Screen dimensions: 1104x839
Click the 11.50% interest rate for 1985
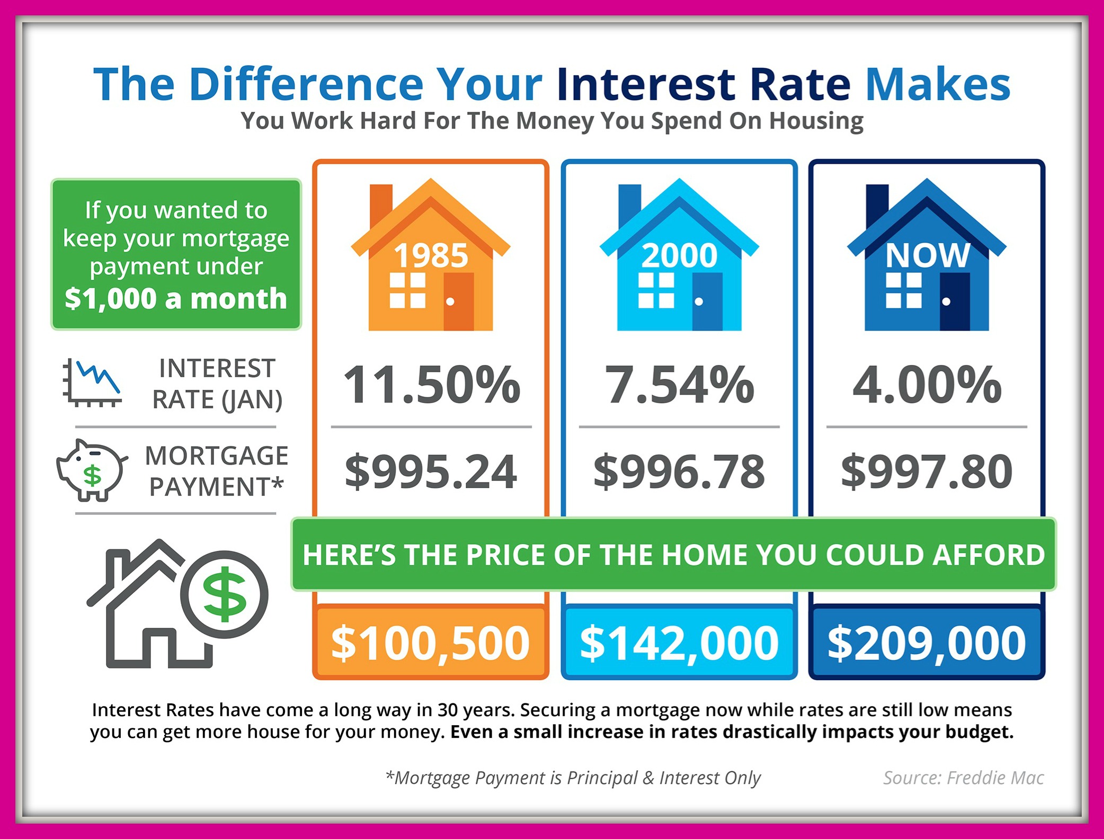pos(432,385)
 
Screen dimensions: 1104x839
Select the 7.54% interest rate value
pos(680,385)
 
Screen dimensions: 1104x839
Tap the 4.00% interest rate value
pos(927,385)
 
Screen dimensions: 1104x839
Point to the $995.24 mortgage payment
pos(431,471)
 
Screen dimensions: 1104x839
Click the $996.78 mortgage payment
pos(679,471)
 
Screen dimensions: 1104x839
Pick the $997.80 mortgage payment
pos(927,471)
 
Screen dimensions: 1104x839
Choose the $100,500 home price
pos(430,644)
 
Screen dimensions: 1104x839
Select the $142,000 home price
pos(679,644)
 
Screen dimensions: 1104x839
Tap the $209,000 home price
pos(927,644)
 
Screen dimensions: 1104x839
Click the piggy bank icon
pos(92,470)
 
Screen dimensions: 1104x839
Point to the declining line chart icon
pos(92,382)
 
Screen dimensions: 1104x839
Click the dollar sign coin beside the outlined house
pos(225,594)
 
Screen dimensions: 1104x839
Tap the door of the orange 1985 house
pos(458,301)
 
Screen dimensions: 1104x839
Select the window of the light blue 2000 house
pos(656,290)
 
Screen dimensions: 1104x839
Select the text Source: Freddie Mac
pos(964,778)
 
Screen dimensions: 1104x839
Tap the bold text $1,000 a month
pos(176,298)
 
